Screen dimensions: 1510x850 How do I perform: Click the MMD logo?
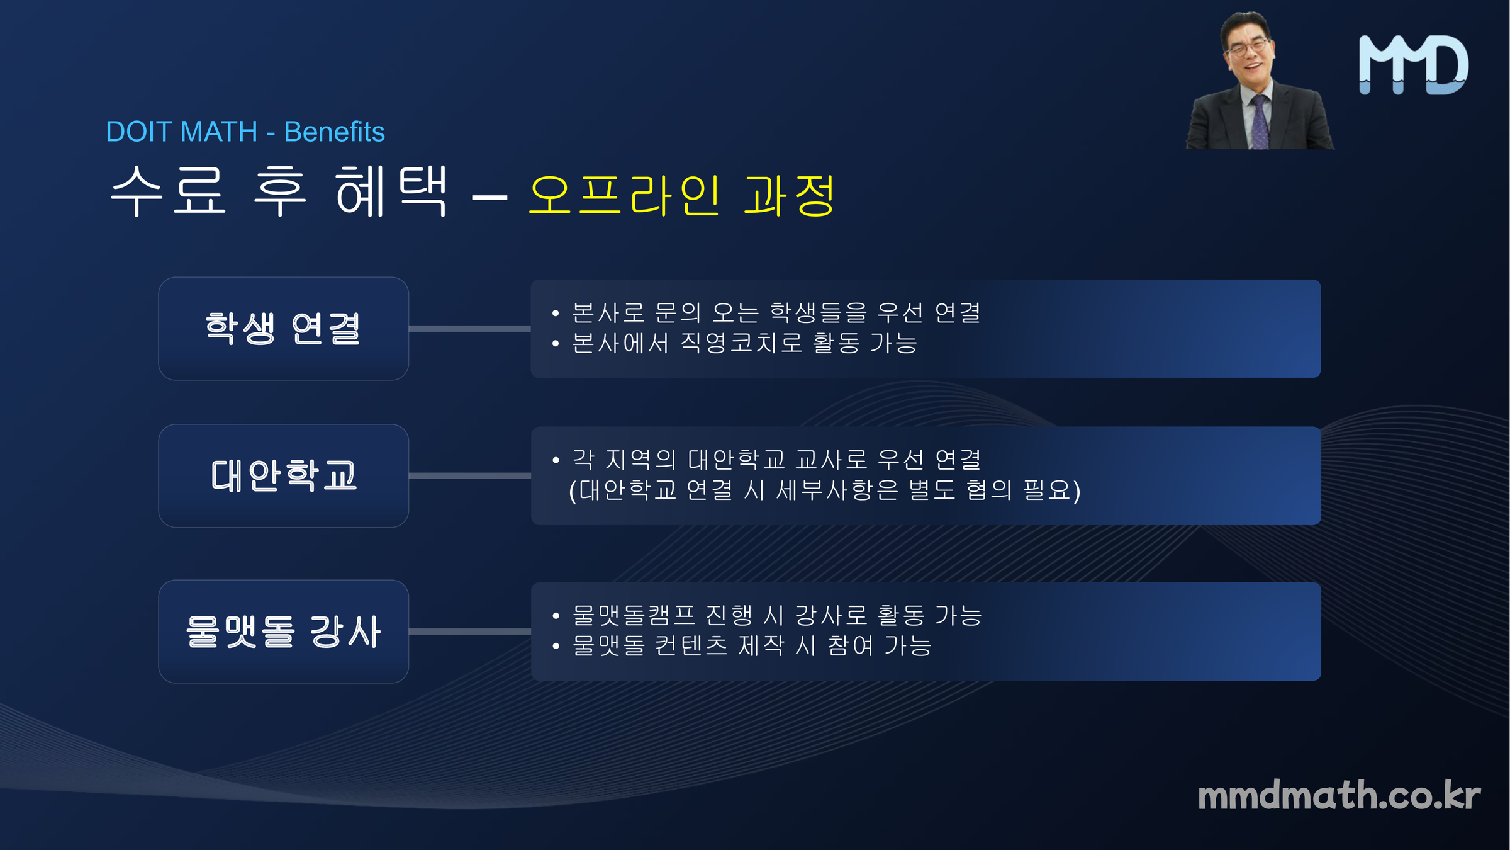(x=1414, y=65)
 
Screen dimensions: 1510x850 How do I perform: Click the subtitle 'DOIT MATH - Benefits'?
(x=245, y=132)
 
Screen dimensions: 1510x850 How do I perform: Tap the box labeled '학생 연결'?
(x=284, y=329)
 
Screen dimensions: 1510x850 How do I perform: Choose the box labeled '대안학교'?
(x=284, y=476)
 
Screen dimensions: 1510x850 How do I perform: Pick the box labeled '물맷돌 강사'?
(x=284, y=632)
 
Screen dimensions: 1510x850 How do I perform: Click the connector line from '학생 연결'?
(x=470, y=329)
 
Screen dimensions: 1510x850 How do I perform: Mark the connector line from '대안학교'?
(x=470, y=476)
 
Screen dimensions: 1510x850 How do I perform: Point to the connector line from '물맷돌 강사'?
(x=470, y=632)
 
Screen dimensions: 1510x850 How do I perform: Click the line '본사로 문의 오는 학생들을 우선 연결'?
(x=776, y=312)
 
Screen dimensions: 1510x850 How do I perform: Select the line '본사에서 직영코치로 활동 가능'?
(x=744, y=343)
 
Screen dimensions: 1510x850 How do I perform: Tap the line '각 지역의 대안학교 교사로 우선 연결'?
(x=776, y=460)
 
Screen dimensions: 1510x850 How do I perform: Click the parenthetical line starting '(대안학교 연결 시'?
(x=824, y=490)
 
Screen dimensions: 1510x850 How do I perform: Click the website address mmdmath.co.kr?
(x=1339, y=795)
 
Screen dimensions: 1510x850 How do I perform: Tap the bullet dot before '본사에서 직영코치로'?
(x=556, y=344)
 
